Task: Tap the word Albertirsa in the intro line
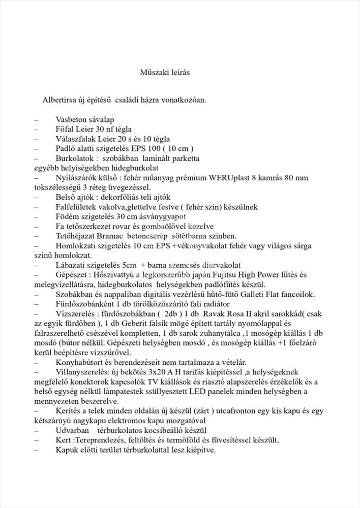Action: pos(59,100)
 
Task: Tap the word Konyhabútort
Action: pos(79,362)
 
